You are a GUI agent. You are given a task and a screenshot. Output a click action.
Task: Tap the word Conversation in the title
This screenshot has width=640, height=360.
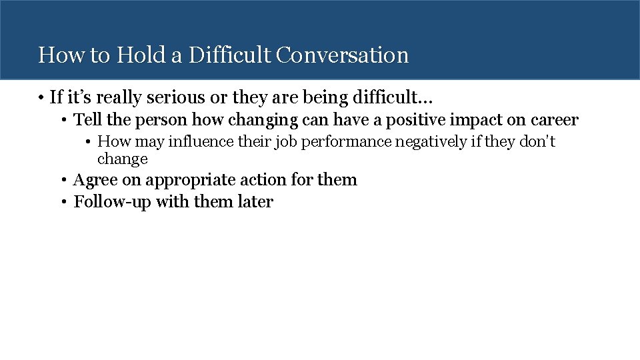coord(342,55)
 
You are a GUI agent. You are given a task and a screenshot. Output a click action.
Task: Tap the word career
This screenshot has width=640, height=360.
coord(555,120)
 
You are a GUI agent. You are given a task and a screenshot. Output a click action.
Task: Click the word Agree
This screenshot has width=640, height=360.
coord(91,180)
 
